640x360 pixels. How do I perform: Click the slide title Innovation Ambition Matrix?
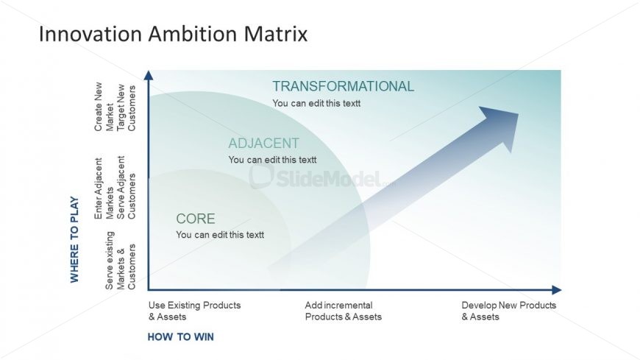172,34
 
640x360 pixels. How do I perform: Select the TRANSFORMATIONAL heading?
343,87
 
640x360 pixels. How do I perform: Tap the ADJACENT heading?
263,144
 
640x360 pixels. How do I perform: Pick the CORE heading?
196,219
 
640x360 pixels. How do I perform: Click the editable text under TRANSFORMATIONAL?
316,104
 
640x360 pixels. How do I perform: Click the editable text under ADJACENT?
272,160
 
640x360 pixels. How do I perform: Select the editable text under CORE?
220,235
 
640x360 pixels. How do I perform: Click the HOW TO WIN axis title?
180,337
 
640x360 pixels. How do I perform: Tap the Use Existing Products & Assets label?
194,311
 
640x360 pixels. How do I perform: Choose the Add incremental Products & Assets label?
343,311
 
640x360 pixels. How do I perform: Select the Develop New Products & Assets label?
508,311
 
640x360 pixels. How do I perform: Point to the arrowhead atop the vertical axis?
149,75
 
